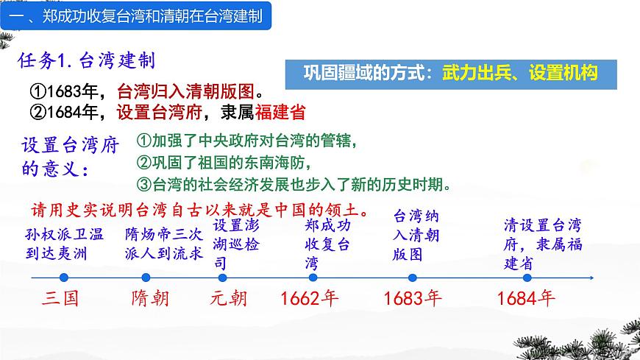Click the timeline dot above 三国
pos(64,277)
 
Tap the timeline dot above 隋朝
pos(146,277)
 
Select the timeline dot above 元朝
pos(222,277)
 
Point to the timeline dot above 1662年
pos(312,277)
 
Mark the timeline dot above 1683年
pos(412,277)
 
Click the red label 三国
pos(60,299)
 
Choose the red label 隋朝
pos(150,299)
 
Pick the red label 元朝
pos(229,299)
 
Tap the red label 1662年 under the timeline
pos(310,299)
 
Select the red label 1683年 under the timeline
pos(413,299)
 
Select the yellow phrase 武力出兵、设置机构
pos(519,73)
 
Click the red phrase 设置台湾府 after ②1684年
pos(155,113)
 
